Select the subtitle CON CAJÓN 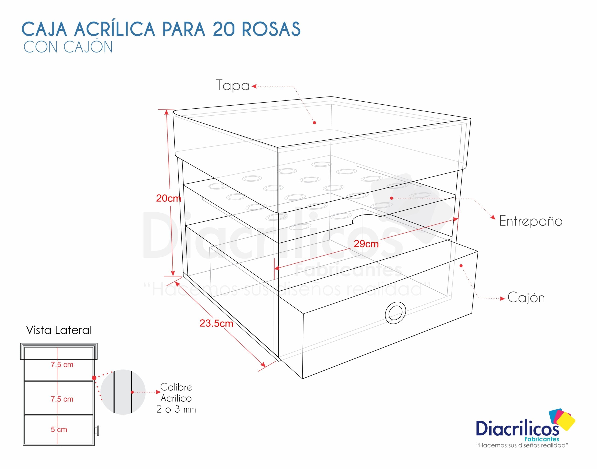pyautogui.click(x=68, y=47)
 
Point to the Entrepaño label pyautogui.click(x=531, y=221)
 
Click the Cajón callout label pyautogui.click(x=526, y=298)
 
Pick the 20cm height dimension pyautogui.click(x=168, y=198)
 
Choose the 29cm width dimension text pyautogui.click(x=366, y=244)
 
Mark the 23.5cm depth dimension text pyautogui.click(x=216, y=323)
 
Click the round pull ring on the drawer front pyautogui.click(x=395, y=313)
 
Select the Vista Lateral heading pyautogui.click(x=59, y=330)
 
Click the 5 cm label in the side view pyautogui.click(x=59, y=429)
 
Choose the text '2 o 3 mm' pyautogui.click(x=176, y=409)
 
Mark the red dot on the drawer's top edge pyautogui.click(x=461, y=266)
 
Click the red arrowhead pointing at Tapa pyautogui.click(x=254, y=86)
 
